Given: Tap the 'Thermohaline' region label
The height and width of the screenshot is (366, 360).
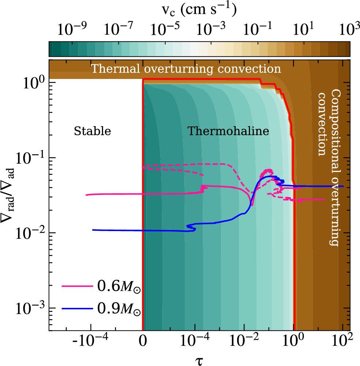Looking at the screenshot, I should click(x=228, y=131).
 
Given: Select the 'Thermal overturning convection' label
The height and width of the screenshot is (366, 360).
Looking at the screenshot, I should click(x=186, y=69).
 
